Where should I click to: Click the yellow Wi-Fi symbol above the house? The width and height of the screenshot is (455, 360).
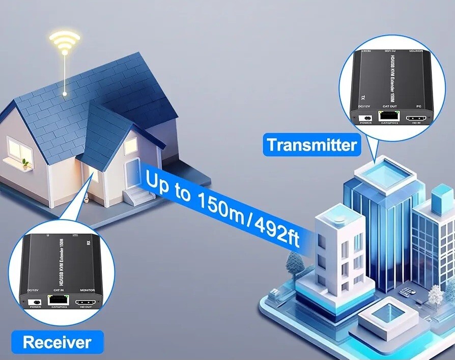tap(64, 42)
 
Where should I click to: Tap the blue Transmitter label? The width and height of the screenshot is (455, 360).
tap(311, 145)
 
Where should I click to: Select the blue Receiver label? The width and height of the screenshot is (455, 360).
tap(57, 342)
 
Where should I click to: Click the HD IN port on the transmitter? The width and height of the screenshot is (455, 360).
tap(416, 118)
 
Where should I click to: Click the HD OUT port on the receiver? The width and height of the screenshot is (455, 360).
tap(84, 302)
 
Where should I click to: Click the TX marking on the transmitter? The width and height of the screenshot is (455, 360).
tap(363, 96)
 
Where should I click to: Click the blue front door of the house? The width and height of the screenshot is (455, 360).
tap(132, 173)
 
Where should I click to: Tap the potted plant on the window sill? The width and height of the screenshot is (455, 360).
tap(25, 164)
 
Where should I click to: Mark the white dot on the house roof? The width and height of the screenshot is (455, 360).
tap(65, 94)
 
